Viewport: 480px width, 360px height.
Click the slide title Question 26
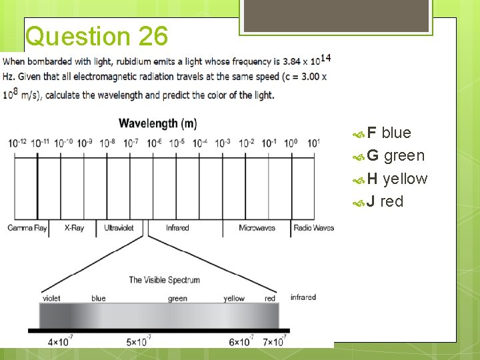point(97,36)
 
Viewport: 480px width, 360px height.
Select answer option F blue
point(389,133)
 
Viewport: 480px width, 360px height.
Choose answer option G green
point(395,155)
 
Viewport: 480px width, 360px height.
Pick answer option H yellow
point(397,179)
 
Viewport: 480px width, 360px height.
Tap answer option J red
point(385,201)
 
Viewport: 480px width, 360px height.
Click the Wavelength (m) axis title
point(157,123)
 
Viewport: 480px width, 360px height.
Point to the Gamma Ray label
point(27,228)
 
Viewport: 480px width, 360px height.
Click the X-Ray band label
point(74,228)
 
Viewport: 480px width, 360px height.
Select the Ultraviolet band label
point(119,228)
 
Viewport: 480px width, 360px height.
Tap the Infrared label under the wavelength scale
point(177,228)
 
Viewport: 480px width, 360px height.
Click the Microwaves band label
point(257,228)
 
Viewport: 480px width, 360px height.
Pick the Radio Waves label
point(313,228)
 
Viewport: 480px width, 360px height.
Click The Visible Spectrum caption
point(164,280)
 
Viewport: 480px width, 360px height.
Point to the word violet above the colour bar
point(51,299)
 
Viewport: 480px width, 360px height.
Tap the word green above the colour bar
point(177,299)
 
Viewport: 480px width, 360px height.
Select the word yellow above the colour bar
point(234,299)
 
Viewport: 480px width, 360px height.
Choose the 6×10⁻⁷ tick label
point(241,341)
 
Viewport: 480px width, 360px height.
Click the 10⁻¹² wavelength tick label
point(17,143)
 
